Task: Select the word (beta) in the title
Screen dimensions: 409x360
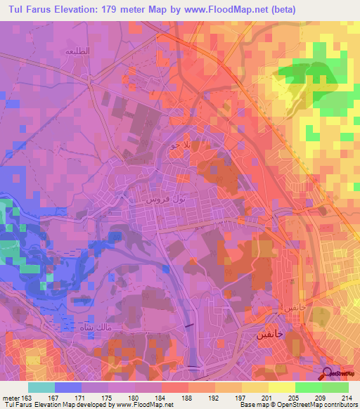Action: (x=281, y=9)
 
